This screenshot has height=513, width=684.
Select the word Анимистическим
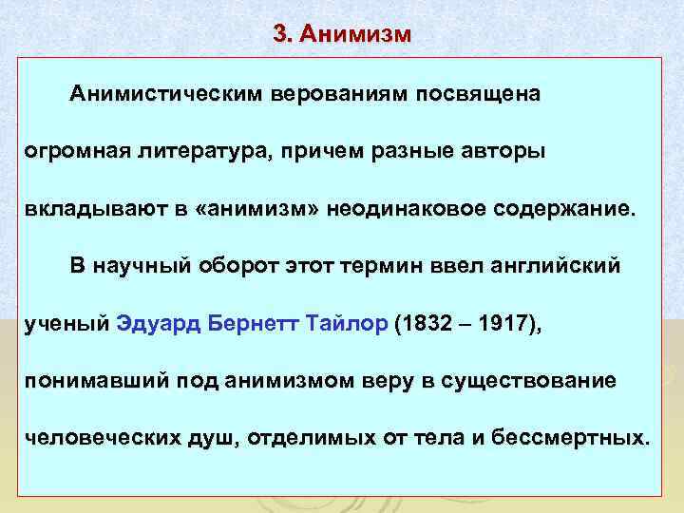[x=166, y=95]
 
